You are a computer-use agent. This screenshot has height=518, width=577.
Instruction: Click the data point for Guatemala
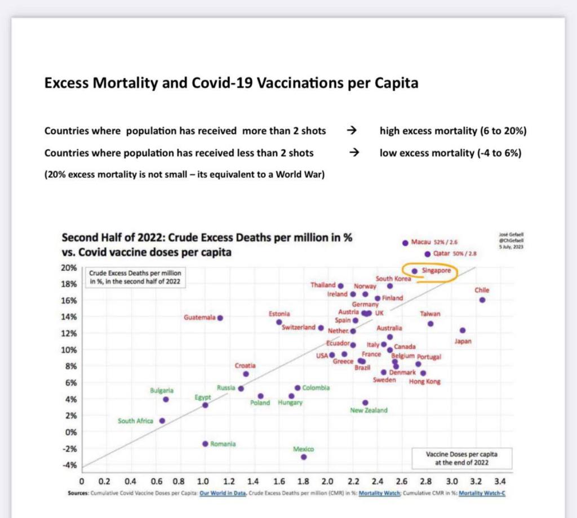tap(220, 318)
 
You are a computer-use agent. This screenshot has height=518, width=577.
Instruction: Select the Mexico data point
tap(304, 457)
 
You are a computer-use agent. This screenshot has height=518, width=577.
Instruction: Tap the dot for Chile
tap(482, 300)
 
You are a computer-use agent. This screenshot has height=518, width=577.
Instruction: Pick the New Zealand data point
tap(365, 403)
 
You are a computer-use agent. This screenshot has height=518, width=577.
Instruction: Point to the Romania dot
tap(205, 444)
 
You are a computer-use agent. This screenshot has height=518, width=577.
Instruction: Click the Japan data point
tap(463, 331)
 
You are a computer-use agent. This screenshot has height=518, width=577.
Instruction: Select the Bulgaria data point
tap(166, 399)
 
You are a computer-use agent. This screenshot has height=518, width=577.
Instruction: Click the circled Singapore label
tap(436, 271)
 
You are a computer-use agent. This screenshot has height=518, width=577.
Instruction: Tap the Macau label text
tap(421, 243)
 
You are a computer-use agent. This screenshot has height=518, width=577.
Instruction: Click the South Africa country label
tap(135, 421)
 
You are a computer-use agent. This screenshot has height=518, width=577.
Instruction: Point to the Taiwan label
tap(430, 314)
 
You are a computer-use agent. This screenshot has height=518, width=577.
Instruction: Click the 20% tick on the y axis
tap(69, 268)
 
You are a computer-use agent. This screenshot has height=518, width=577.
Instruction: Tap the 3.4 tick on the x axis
tap(499, 482)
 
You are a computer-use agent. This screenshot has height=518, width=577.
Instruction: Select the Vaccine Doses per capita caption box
tap(461, 458)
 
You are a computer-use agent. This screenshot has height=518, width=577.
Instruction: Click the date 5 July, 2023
tap(512, 245)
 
